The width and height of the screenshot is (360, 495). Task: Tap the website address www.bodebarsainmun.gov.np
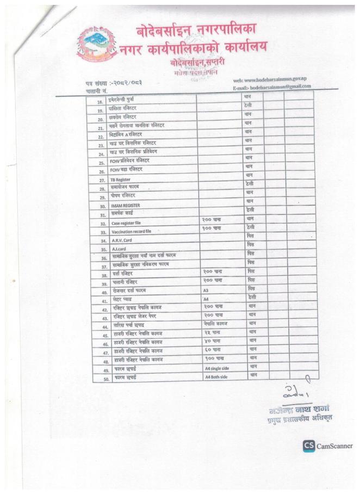pyautogui.click(x=272, y=79)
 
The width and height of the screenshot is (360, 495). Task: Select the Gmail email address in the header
pyautogui.click(x=271, y=86)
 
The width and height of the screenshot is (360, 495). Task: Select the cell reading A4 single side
pyautogui.click(x=221, y=369)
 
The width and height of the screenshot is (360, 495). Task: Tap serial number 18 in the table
pyautogui.click(x=100, y=101)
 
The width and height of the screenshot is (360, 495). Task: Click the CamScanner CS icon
pyautogui.click(x=309, y=446)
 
